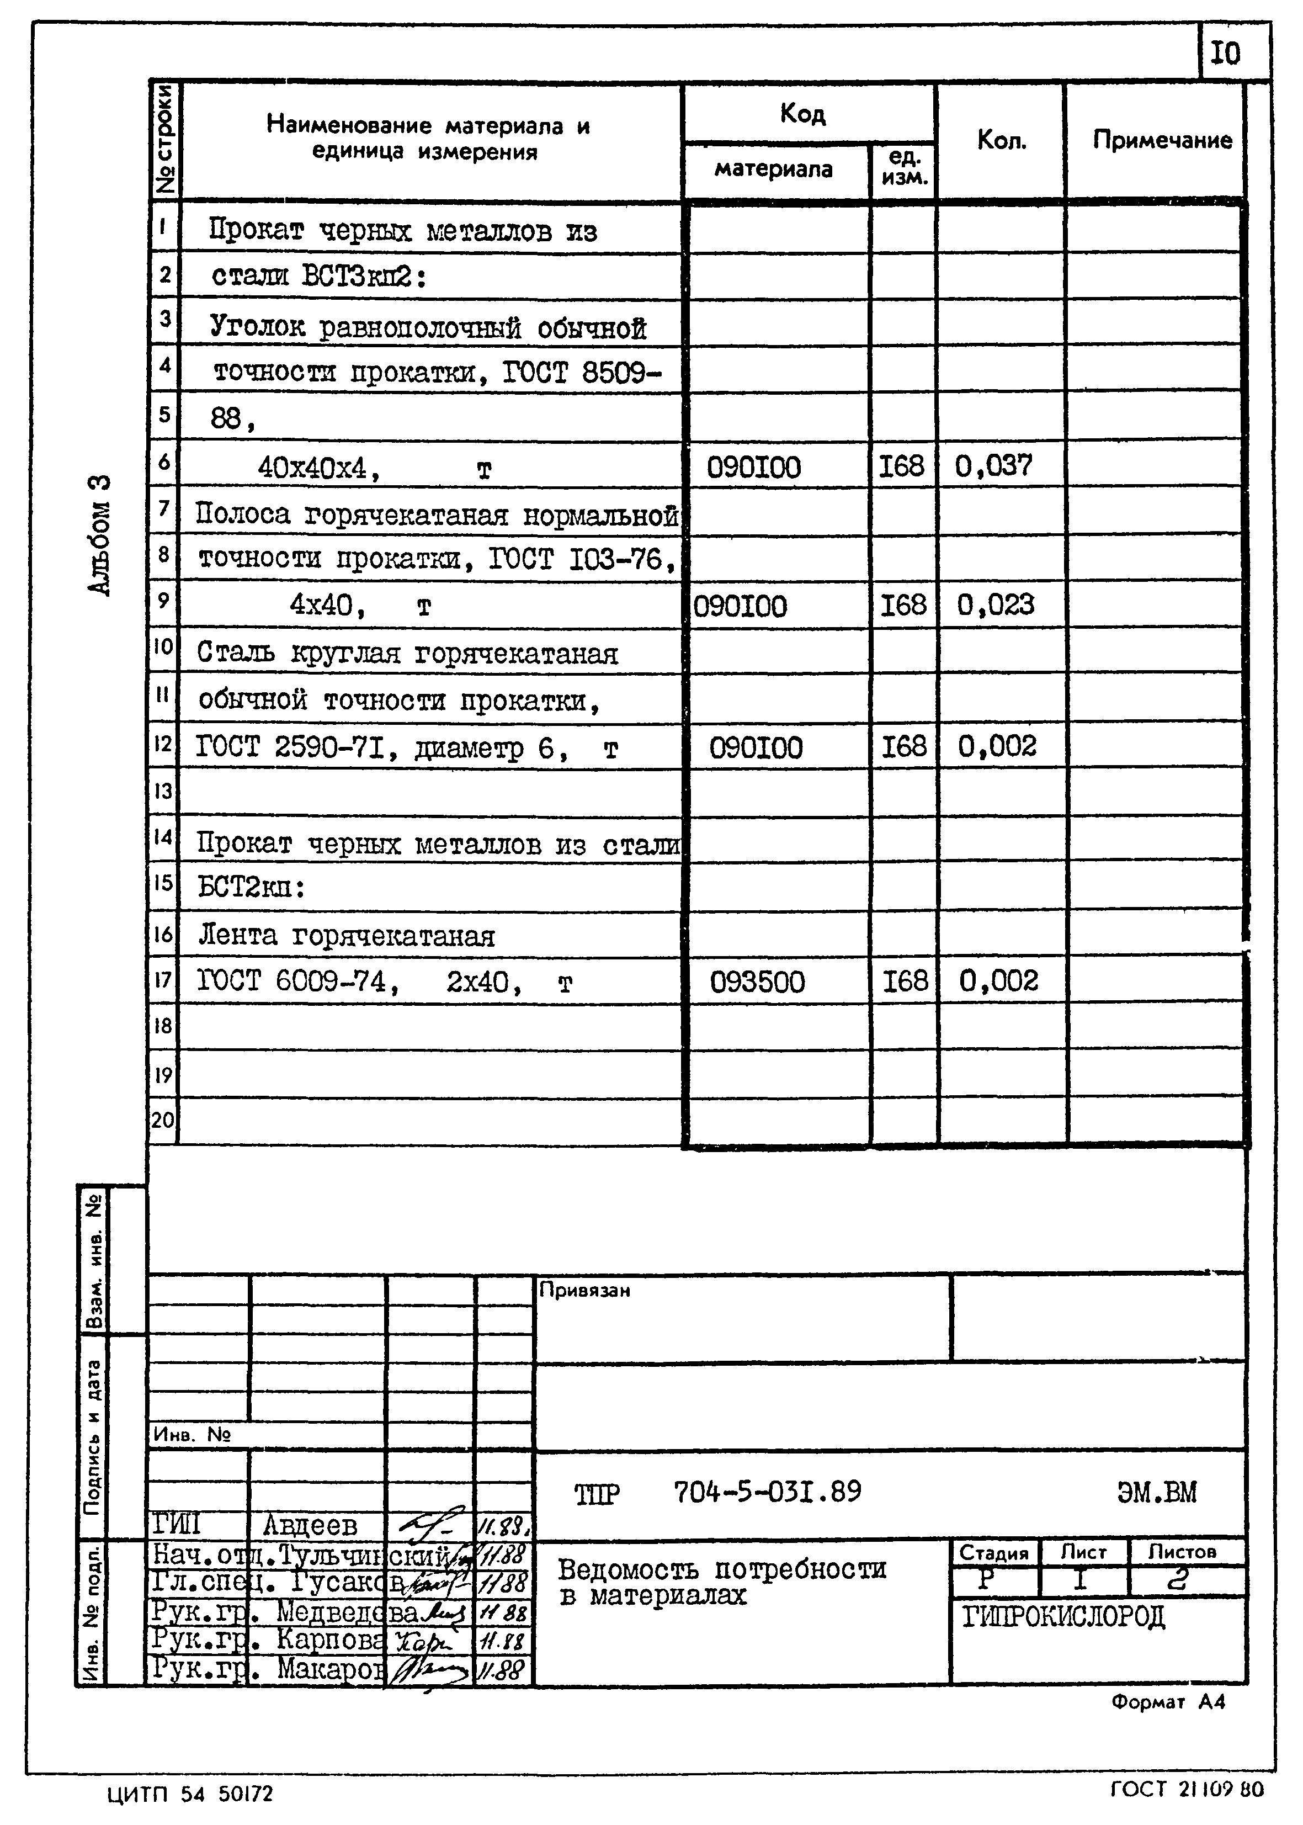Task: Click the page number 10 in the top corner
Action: [1225, 54]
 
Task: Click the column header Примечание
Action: [1162, 140]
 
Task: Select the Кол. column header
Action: [1001, 140]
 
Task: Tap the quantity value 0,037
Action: [993, 465]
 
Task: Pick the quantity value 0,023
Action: [995, 604]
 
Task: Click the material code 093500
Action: [757, 982]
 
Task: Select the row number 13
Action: [163, 791]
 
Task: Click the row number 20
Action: [163, 1119]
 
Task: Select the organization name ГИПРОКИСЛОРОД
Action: [1063, 1617]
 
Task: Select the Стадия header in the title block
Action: [993, 1553]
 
